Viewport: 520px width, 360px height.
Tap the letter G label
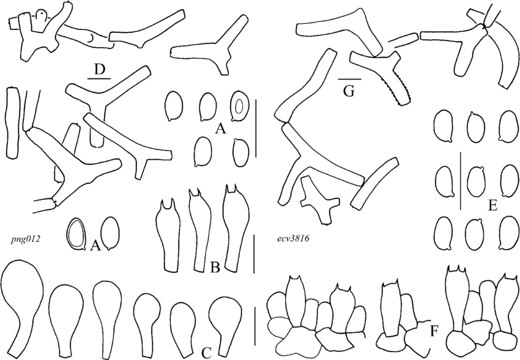pos(349,92)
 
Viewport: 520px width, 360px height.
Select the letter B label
pos(216,268)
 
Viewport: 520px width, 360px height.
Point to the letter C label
pos(206,351)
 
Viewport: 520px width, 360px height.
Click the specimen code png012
pos(25,239)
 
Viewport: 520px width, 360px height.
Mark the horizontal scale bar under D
pos(98,78)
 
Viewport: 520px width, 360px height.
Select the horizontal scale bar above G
pos(349,79)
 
